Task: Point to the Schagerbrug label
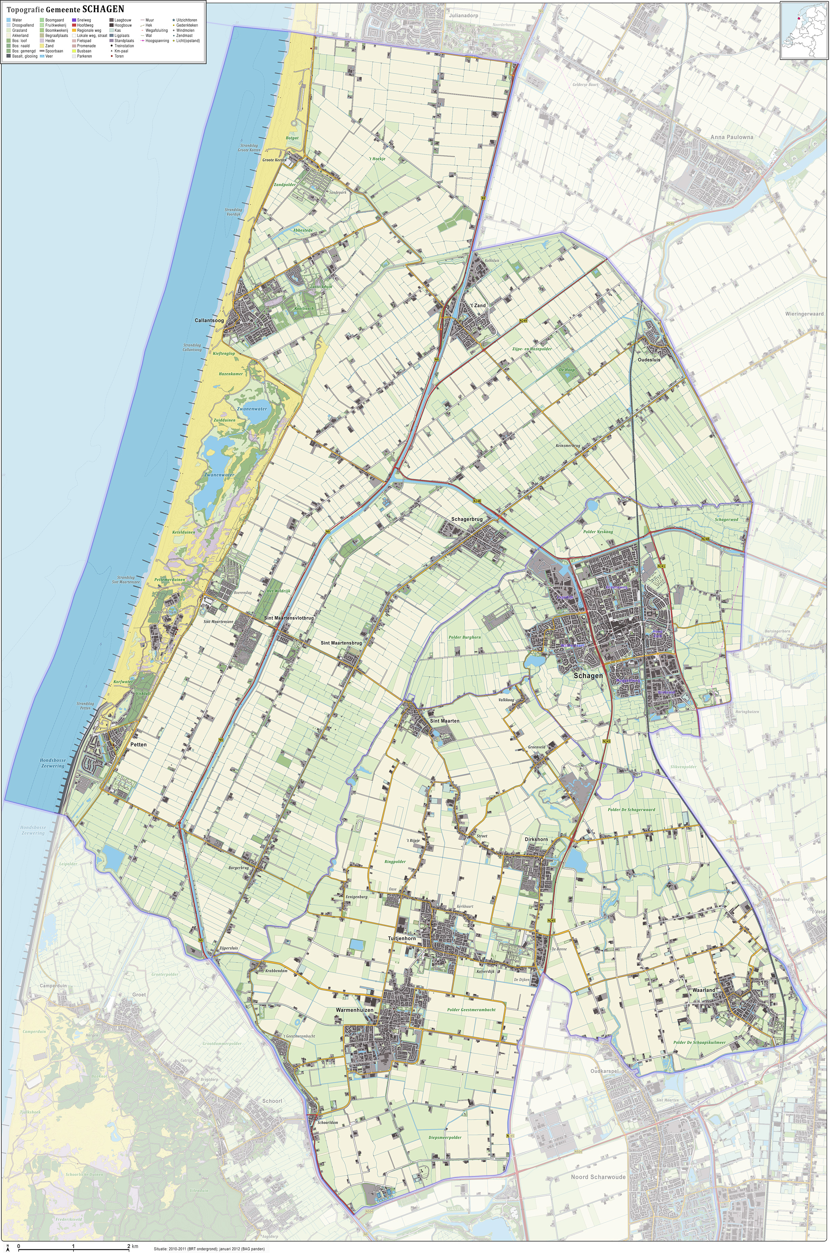[467, 519]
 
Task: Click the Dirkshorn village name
[536, 840]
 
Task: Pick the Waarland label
[703, 990]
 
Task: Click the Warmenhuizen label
[354, 1010]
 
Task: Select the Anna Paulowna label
[731, 136]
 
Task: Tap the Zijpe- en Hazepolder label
[532, 349]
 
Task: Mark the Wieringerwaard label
[804, 314]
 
